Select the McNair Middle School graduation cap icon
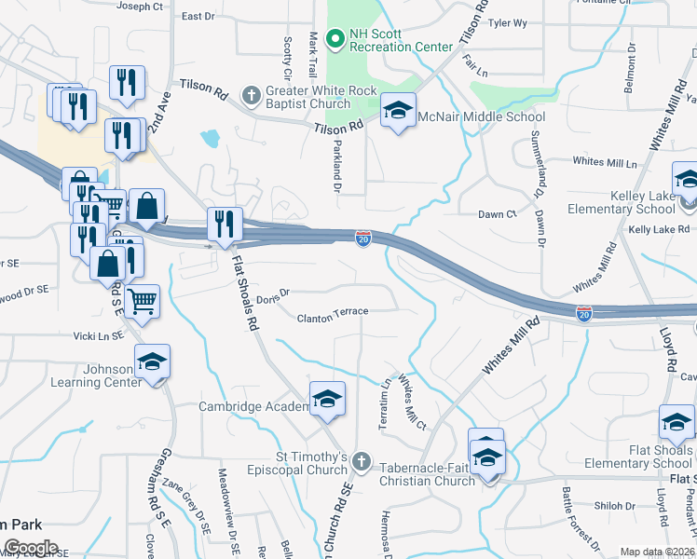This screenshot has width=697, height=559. [x=398, y=113]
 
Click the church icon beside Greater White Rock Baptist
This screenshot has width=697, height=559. [x=250, y=95]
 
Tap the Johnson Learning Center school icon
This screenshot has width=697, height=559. [x=152, y=363]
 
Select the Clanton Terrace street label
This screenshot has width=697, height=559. [x=333, y=318]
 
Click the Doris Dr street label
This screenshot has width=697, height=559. [x=273, y=297]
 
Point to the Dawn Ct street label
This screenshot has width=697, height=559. [x=498, y=214]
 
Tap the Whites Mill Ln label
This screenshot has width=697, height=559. [x=605, y=162]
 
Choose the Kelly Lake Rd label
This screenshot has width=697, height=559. [x=659, y=229]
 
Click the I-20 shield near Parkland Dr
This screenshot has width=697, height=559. [x=363, y=239]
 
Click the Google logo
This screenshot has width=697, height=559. [x=31, y=548]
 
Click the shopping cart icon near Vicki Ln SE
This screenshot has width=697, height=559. [x=142, y=301]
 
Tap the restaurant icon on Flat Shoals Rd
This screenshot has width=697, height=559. [x=225, y=225]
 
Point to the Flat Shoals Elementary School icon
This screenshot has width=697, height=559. [x=676, y=424]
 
